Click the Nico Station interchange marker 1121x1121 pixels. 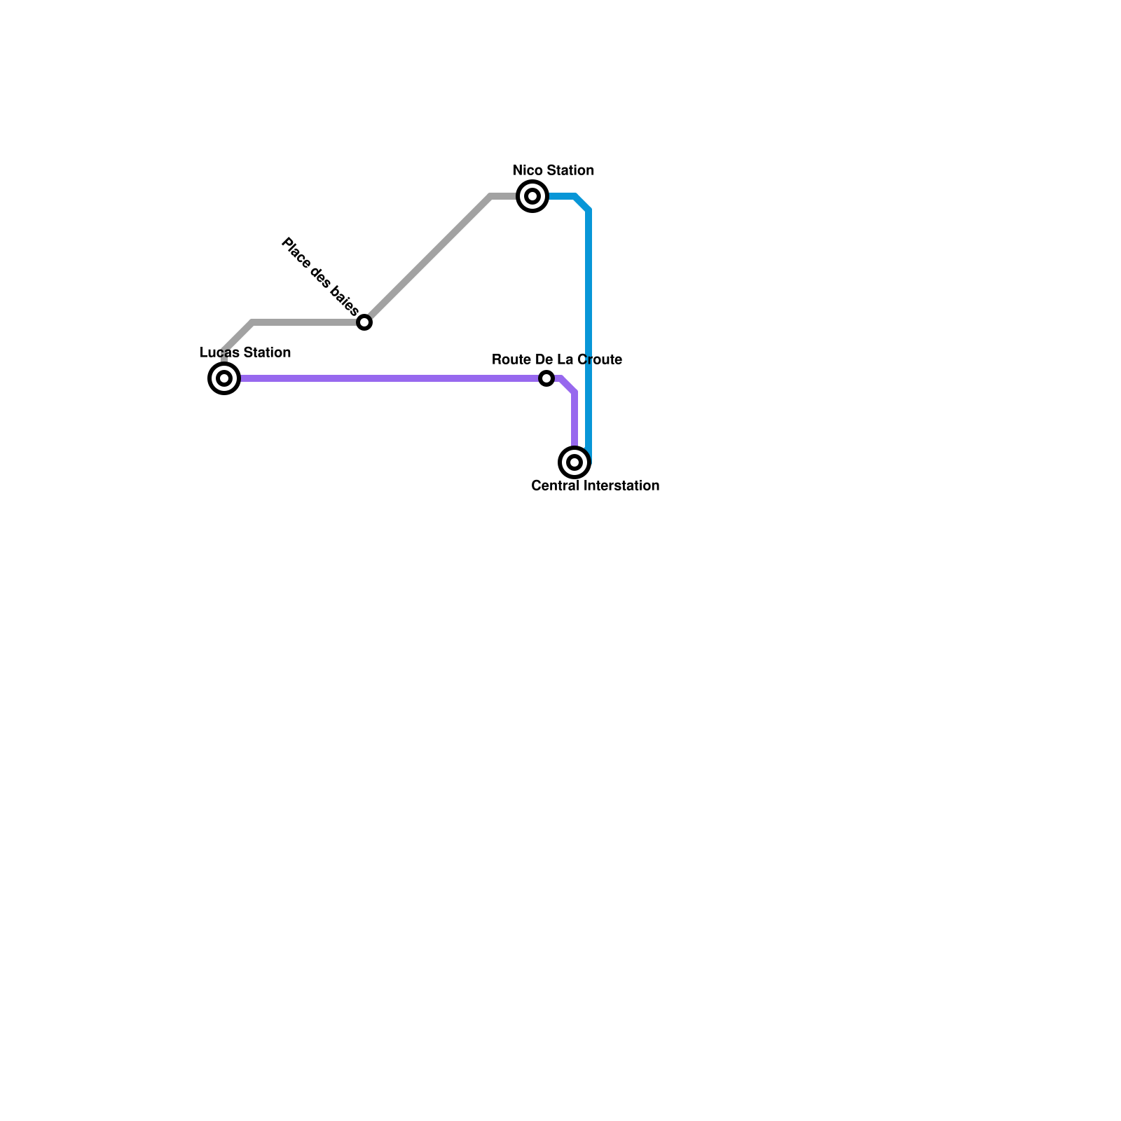point(532,196)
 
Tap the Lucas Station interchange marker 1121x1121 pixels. point(224,378)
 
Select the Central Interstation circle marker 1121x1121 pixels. point(575,462)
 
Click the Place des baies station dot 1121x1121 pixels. point(364,322)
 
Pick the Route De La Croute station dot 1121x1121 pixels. point(546,378)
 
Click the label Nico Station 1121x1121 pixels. point(553,170)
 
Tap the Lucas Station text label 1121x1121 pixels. point(245,352)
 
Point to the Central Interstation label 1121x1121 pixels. point(596,486)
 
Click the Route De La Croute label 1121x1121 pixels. point(557,359)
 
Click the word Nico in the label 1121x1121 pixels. point(528,170)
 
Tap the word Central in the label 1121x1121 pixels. point(555,486)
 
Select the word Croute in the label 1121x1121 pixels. point(600,359)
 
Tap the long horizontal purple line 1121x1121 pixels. point(385,378)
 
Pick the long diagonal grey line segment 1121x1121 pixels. point(427,259)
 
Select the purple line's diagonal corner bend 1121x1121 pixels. point(568,385)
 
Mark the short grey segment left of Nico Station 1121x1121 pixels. point(503,196)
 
